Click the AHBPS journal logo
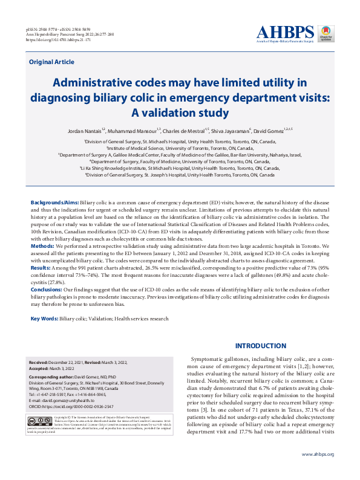285,33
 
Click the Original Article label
51,62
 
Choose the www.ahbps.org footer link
318,454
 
